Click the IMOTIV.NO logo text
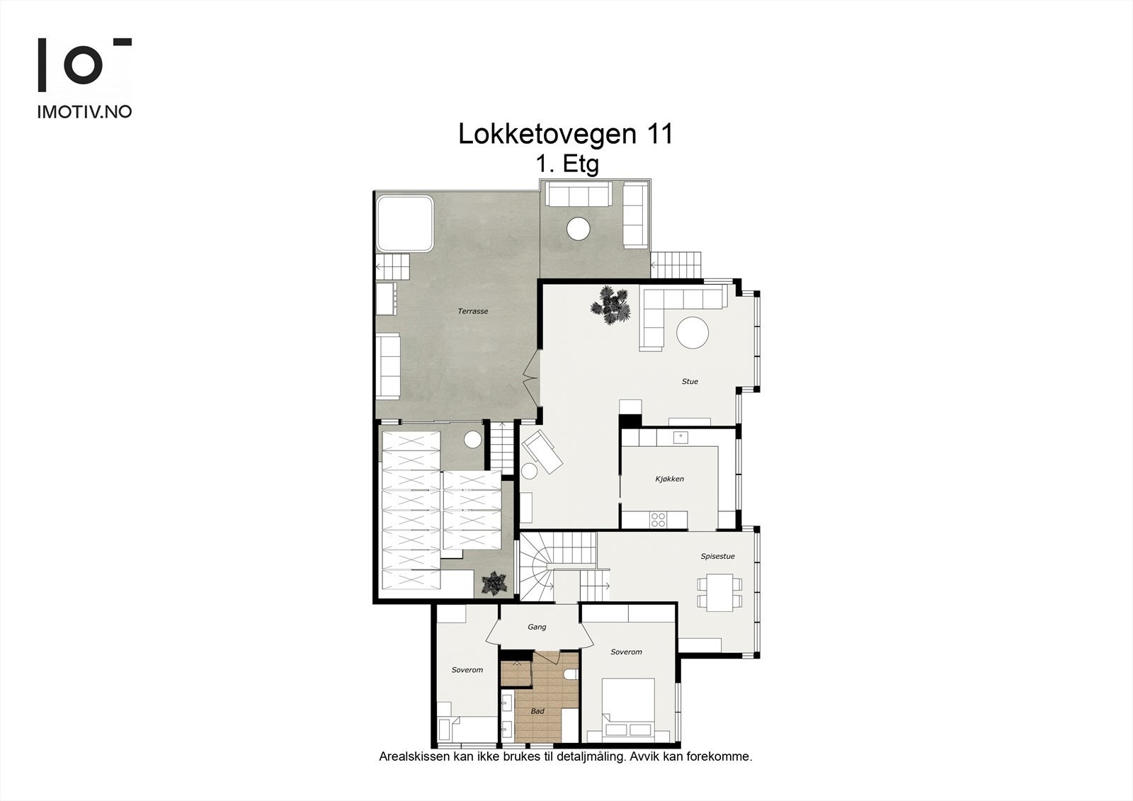(x=84, y=112)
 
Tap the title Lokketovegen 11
(x=565, y=134)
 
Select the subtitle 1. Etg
(x=567, y=164)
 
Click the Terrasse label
(x=472, y=312)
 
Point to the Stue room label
(x=690, y=382)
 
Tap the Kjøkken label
(x=669, y=479)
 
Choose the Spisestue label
(x=717, y=557)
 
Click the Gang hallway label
(x=537, y=627)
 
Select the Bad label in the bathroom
(x=537, y=711)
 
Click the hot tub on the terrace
(x=404, y=223)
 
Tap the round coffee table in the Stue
(x=693, y=332)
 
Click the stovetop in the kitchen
(x=658, y=520)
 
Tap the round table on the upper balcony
(x=578, y=228)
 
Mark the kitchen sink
(x=680, y=436)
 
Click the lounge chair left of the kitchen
(x=542, y=451)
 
